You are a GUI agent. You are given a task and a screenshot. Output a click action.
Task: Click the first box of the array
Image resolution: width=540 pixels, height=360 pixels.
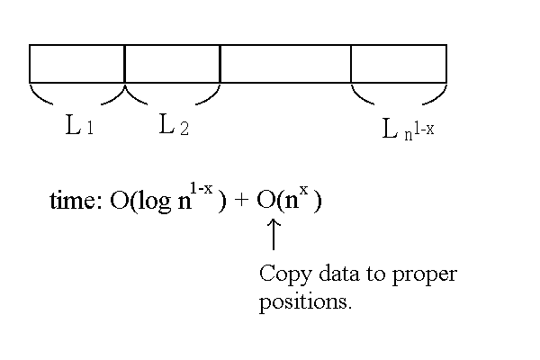(x=76, y=64)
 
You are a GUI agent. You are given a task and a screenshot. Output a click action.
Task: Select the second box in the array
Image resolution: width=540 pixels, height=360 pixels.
(x=172, y=64)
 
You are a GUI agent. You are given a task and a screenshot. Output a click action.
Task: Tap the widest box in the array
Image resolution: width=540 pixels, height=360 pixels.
(x=285, y=64)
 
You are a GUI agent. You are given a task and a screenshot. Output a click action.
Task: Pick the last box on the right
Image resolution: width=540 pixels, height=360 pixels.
(x=399, y=64)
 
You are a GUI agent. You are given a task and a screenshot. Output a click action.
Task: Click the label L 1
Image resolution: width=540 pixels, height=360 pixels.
(x=79, y=126)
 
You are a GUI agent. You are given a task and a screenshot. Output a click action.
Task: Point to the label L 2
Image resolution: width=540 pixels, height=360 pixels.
(x=173, y=125)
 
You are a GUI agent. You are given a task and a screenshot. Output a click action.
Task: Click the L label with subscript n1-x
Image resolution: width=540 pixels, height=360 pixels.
(x=409, y=130)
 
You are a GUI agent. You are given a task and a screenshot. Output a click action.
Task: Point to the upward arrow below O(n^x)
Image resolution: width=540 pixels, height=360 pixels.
(x=274, y=235)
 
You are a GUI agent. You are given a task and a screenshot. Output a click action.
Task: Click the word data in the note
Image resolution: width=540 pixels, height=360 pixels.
(x=335, y=274)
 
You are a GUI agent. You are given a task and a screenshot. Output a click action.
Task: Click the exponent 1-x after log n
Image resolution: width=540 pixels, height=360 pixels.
(x=201, y=189)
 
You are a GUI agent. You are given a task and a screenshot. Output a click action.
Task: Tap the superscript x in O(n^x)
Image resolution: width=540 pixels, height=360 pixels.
(x=306, y=191)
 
